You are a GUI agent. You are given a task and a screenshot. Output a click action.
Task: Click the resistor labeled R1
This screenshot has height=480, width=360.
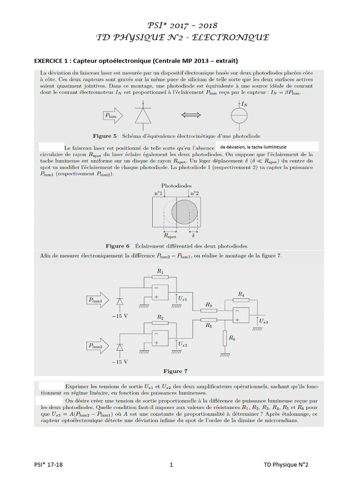click(x=160, y=277)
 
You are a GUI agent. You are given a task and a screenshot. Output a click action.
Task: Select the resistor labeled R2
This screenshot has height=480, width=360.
click(x=160, y=323)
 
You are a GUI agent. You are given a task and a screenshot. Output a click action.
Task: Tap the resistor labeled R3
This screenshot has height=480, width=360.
click(x=209, y=310)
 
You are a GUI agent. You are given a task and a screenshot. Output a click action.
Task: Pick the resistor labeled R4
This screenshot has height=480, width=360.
click(x=240, y=300)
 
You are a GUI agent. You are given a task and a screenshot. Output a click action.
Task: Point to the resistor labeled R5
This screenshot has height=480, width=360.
click(x=209, y=320)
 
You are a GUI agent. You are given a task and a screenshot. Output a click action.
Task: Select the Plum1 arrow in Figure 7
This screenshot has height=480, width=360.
click(x=98, y=299)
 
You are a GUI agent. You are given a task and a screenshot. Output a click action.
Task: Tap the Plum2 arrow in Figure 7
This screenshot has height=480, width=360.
click(x=98, y=345)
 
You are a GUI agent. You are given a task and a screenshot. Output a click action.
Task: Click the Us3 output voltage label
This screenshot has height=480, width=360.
click(x=263, y=322)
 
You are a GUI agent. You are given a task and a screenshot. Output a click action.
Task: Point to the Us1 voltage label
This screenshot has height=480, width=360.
click(x=183, y=298)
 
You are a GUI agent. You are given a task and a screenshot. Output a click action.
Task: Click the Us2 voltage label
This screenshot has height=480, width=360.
click(x=183, y=344)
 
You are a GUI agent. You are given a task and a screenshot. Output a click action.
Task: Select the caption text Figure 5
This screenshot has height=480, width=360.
click(x=105, y=136)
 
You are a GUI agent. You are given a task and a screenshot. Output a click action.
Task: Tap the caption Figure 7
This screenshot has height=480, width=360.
click(x=172, y=371)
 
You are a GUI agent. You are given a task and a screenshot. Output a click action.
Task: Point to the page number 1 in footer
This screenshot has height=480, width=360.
click(x=172, y=465)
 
